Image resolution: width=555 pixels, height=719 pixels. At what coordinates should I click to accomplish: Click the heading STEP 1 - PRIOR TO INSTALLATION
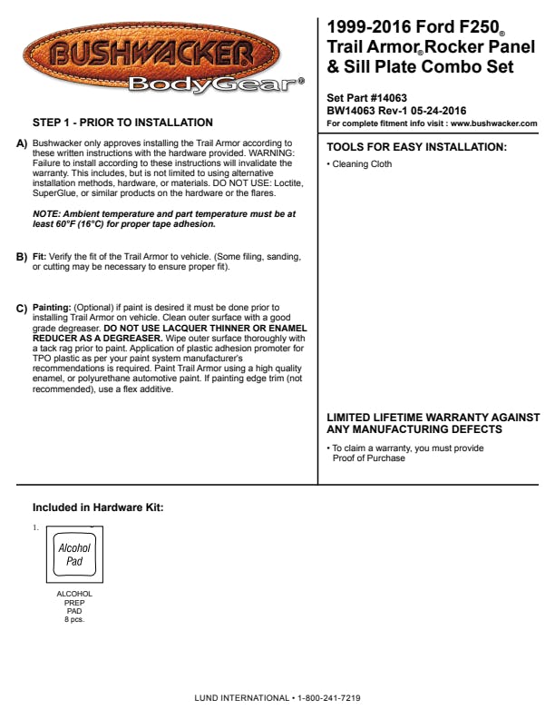click(122, 123)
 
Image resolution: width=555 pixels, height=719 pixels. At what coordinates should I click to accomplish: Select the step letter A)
click(23, 144)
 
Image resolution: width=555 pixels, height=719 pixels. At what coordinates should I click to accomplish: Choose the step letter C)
click(23, 309)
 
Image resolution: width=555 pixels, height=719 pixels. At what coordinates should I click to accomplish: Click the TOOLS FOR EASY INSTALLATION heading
click(416, 147)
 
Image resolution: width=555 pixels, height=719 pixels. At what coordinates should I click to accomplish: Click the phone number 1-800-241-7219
click(330, 699)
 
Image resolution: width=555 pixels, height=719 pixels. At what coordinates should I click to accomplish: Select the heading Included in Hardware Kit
click(98, 507)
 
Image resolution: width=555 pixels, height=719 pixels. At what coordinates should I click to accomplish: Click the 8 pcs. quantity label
click(74, 619)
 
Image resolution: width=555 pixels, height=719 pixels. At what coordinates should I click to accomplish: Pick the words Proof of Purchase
click(369, 458)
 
